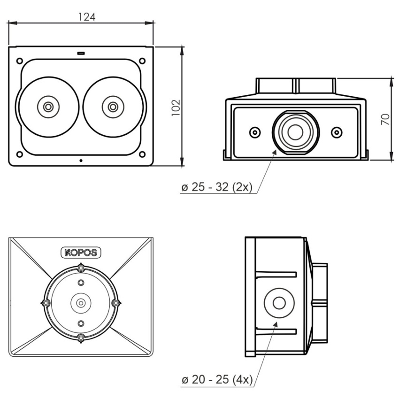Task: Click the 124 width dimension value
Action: tap(87, 17)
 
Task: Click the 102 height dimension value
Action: tap(176, 108)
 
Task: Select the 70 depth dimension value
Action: tap(385, 119)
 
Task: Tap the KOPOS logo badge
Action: tap(81, 253)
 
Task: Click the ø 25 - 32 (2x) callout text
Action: tap(217, 187)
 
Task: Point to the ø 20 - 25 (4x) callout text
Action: tap(217, 380)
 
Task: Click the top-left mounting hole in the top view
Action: tap(20, 61)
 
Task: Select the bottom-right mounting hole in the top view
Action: tap(142, 154)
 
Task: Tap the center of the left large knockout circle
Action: tap(48, 107)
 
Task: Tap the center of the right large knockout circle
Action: tap(113, 107)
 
